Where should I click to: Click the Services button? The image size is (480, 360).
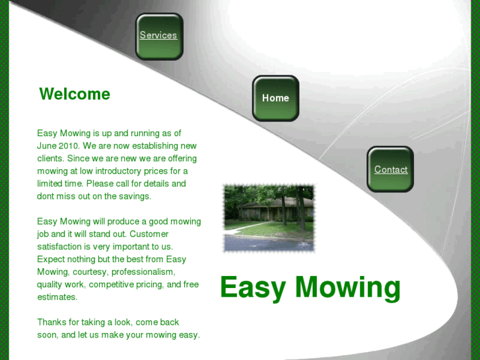(x=158, y=36)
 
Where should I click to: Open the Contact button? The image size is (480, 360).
(x=390, y=170)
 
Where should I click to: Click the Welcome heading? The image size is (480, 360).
(x=75, y=94)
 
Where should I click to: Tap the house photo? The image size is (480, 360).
(x=269, y=217)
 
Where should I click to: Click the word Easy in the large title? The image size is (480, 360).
(x=254, y=287)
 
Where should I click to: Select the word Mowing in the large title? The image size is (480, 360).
(x=348, y=287)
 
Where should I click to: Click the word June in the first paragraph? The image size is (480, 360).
(x=47, y=146)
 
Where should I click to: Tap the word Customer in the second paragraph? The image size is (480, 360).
(x=150, y=234)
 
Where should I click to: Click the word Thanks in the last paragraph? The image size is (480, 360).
(x=51, y=322)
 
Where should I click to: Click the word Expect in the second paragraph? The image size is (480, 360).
(x=51, y=259)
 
